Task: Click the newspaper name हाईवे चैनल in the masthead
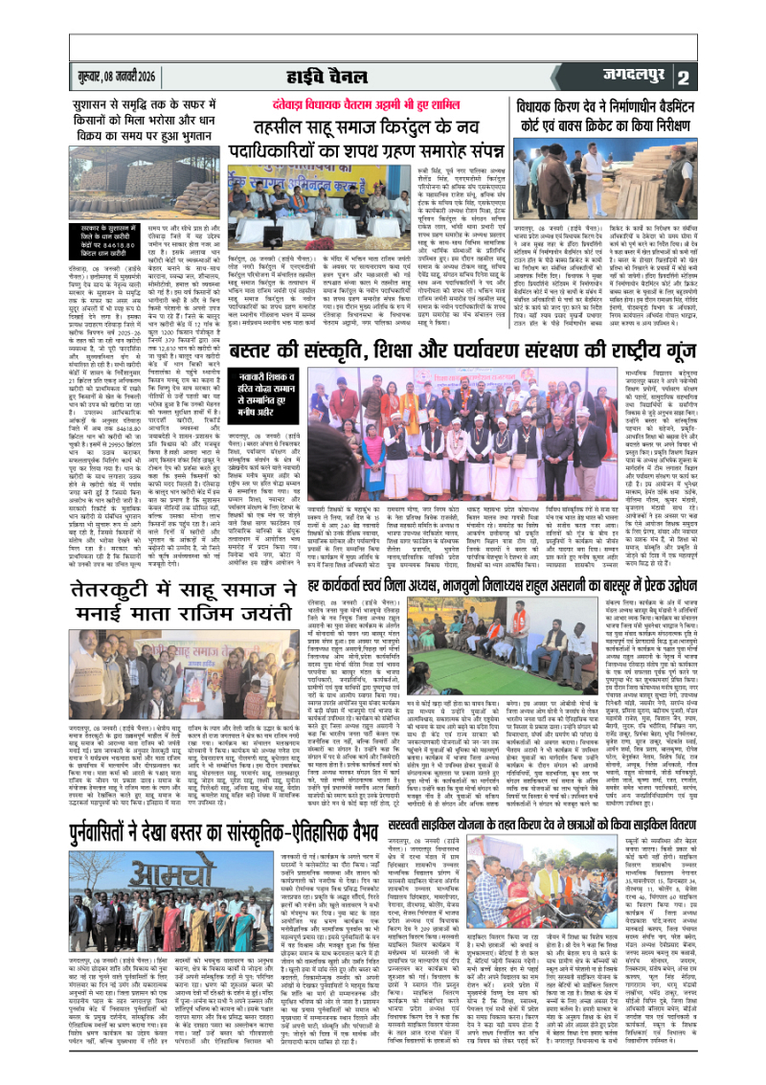383,75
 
